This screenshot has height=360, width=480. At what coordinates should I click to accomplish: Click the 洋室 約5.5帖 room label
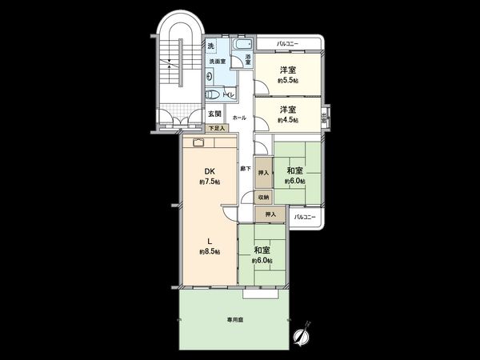(289, 74)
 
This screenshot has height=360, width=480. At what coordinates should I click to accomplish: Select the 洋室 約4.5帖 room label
(289, 114)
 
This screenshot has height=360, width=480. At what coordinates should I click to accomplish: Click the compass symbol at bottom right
(302, 335)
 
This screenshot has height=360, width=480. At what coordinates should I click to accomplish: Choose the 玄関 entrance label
(214, 114)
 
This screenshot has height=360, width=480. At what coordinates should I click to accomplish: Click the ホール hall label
(239, 118)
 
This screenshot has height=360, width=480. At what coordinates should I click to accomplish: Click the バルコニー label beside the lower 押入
(303, 216)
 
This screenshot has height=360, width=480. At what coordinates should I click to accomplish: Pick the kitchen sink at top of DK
(198, 142)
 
